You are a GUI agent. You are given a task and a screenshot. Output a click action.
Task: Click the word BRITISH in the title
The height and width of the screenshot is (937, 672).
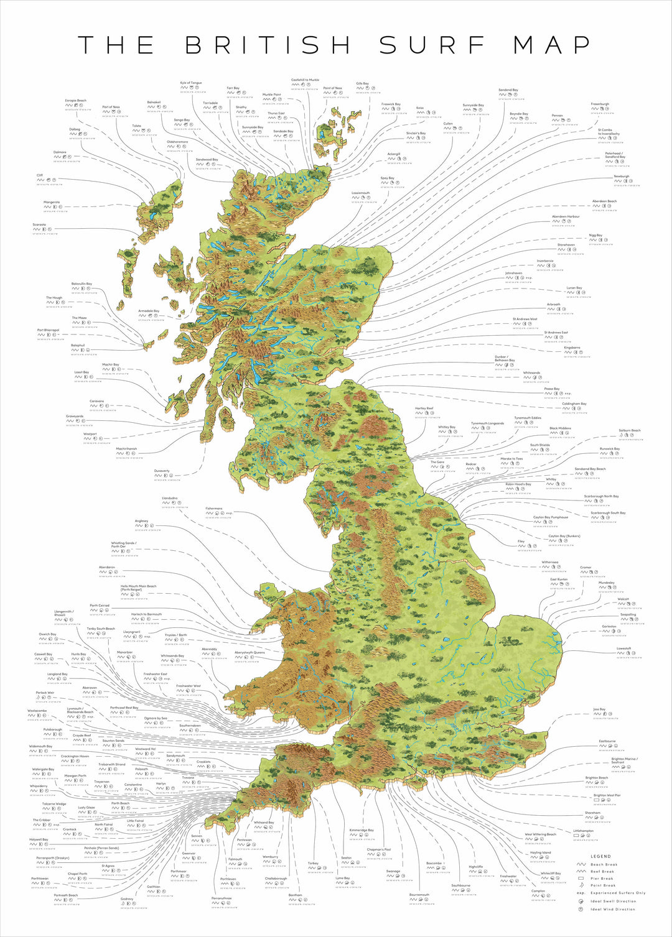pos(268,45)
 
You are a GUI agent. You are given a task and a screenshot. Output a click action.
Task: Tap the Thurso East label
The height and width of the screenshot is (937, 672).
pos(276,113)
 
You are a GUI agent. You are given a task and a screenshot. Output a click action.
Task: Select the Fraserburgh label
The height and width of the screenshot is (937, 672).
pos(600,104)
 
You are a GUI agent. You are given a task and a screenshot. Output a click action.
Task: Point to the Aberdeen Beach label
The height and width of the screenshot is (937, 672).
pos(604,201)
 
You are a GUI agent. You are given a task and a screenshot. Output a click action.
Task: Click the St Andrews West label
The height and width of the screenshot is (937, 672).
pos(525,319)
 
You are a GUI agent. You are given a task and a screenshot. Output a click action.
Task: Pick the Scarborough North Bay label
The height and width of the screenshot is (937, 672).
pos(601,496)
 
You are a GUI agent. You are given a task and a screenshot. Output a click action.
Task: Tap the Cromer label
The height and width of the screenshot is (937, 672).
pos(586,567)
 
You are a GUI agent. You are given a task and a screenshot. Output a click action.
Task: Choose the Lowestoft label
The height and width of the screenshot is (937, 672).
pos(623,648)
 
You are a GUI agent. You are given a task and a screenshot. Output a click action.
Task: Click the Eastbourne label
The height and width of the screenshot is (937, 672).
pos(607,741)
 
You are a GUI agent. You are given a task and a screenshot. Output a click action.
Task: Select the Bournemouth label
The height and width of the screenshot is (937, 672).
pos(419,895)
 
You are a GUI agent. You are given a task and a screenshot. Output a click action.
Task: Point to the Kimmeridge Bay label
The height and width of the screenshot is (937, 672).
pos(362,830)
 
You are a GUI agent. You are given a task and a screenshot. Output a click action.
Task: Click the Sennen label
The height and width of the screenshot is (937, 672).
pos(197,836)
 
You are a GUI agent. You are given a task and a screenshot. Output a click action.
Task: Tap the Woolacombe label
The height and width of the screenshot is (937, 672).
pos(37,711)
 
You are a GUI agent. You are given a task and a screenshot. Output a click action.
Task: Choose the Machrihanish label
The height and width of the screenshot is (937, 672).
pos(126,448)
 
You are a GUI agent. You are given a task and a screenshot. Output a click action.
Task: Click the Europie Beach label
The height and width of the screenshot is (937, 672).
pos(76,100)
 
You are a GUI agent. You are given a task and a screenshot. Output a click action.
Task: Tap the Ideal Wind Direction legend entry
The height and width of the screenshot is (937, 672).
pos(613,908)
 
